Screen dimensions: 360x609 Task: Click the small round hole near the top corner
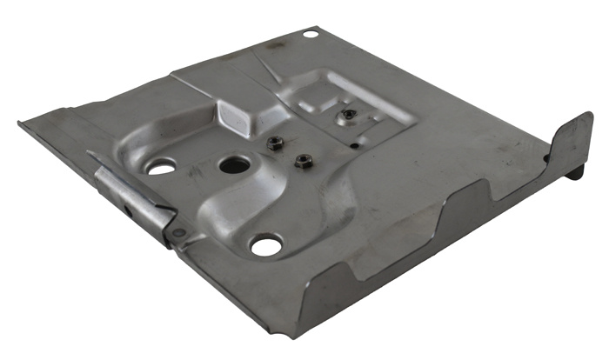click(x=310, y=34)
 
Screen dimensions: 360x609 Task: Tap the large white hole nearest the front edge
click(x=266, y=246)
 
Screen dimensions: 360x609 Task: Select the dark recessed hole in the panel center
click(x=234, y=164)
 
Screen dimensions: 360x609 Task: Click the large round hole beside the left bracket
click(x=162, y=166)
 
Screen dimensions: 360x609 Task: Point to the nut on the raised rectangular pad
click(x=348, y=114)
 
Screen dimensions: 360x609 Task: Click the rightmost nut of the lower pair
click(x=304, y=161)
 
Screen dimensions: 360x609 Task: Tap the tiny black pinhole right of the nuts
click(x=355, y=146)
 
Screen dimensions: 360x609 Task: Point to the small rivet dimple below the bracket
click(x=179, y=233)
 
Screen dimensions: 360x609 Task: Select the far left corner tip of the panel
click(x=20, y=123)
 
